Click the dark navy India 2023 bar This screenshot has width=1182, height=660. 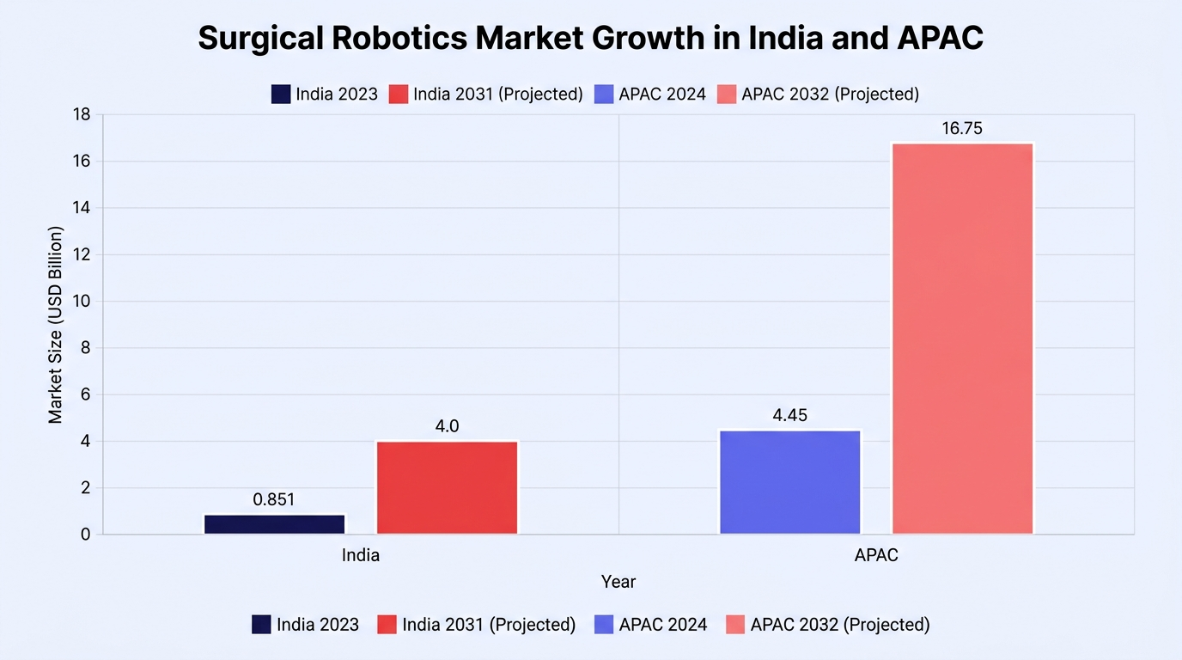click(x=274, y=524)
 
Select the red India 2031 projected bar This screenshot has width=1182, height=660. click(x=447, y=487)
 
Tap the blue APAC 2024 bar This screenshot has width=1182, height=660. click(x=790, y=482)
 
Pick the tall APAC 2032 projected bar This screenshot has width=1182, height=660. click(x=962, y=339)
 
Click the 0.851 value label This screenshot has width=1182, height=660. click(x=274, y=499)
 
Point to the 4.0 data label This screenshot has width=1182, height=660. click(x=447, y=425)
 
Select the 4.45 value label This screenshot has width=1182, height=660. click(x=790, y=415)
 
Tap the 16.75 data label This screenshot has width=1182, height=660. click(x=962, y=128)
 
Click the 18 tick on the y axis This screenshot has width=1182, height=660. click(x=82, y=114)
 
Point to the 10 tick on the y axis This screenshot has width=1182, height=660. click(x=82, y=301)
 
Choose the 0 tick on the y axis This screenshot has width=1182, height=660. click(x=86, y=535)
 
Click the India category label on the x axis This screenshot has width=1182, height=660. click(x=361, y=555)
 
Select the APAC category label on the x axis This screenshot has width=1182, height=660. click(x=876, y=555)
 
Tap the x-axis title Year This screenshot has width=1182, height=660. click(x=618, y=581)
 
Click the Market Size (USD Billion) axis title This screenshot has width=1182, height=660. click(x=55, y=325)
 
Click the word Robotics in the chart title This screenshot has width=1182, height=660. click(x=399, y=38)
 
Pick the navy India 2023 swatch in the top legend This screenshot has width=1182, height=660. click(x=281, y=94)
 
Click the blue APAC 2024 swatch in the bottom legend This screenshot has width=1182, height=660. click(x=604, y=624)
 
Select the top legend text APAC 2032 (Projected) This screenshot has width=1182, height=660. click(x=831, y=94)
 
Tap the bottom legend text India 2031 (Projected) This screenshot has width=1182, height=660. click(x=489, y=624)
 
